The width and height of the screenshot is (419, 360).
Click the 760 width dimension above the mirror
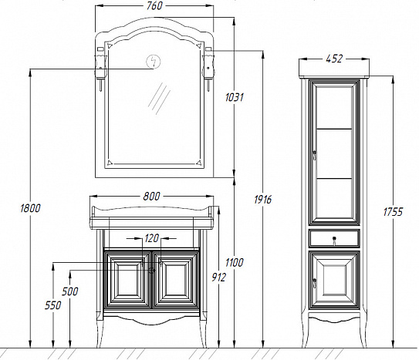pyautogui.click(x=154, y=6)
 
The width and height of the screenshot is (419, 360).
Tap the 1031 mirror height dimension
pyautogui.click(x=234, y=97)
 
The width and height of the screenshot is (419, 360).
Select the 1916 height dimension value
pyautogui.click(x=262, y=200)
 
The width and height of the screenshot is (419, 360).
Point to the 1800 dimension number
pyautogui.click(x=30, y=208)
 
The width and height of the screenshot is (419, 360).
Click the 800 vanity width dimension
pyautogui.click(x=151, y=197)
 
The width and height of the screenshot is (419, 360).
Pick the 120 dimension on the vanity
pyautogui.click(x=151, y=238)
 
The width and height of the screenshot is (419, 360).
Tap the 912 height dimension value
pyautogui.click(x=218, y=278)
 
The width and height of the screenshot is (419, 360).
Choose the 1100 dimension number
pyautogui.click(x=234, y=263)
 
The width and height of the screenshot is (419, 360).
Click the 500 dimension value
pyautogui.click(x=70, y=291)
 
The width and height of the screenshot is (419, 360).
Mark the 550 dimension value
pyautogui.click(x=52, y=305)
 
